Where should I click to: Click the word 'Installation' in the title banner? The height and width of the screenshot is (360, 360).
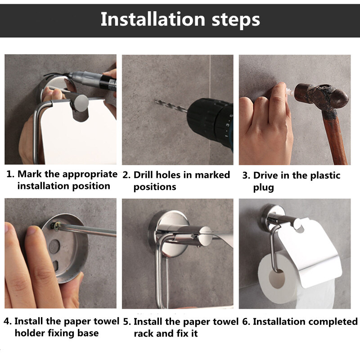153,19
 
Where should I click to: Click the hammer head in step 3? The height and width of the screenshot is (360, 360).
321,97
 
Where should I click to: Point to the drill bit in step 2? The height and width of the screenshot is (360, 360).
171,106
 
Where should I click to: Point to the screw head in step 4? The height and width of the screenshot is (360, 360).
55,225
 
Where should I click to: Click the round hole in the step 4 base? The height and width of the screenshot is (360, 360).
54,247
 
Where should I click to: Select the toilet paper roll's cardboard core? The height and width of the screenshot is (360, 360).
277,279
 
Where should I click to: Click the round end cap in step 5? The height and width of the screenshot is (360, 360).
205,237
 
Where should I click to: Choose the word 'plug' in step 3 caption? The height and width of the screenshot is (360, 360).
264,188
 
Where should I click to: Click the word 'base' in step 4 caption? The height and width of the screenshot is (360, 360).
88,333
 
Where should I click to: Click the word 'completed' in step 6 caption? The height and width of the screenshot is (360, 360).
329,322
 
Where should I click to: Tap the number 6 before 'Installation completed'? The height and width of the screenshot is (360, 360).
245,322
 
